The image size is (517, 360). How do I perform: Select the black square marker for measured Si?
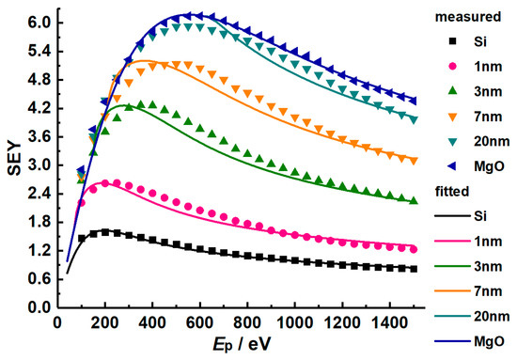pyautogui.click(x=452, y=40)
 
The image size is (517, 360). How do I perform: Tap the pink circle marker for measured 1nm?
pyautogui.click(x=452, y=67)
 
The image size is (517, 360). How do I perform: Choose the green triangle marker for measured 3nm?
pyautogui.click(x=452, y=91)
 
